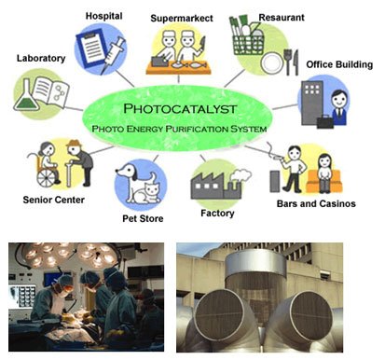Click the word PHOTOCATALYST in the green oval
pos(180,109)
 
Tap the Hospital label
pos(104,16)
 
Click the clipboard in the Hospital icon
pos(91,48)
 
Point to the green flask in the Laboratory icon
pos(26,97)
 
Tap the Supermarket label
pos(182,19)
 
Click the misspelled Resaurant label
pos(282,18)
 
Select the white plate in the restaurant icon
pos(271,63)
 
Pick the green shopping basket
pos(248,45)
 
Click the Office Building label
pos(339,64)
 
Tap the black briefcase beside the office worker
pos(325,121)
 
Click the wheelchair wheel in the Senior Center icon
pos(47,178)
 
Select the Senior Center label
pos(54,200)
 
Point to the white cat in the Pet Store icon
pos(147,192)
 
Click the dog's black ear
pos(134,175)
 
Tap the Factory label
pos(217,214)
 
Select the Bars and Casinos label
pos(316,204)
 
